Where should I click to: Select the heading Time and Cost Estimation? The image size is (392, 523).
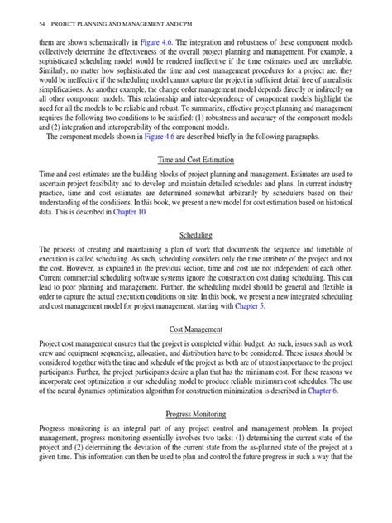pos(196,159)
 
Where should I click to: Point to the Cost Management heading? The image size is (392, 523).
pos(196,350)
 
